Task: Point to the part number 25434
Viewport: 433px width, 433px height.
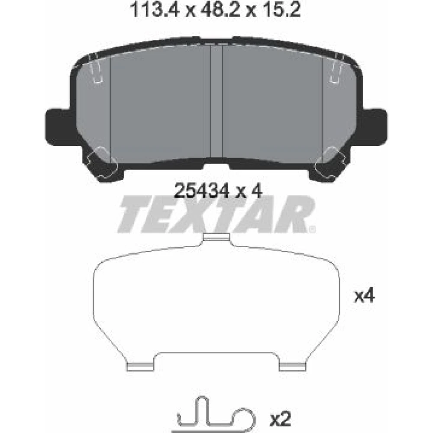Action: tap(202, 191)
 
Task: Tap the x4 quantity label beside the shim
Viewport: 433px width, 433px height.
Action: tap(365, 296)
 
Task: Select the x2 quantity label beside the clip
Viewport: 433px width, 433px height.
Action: tap(280, 419)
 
